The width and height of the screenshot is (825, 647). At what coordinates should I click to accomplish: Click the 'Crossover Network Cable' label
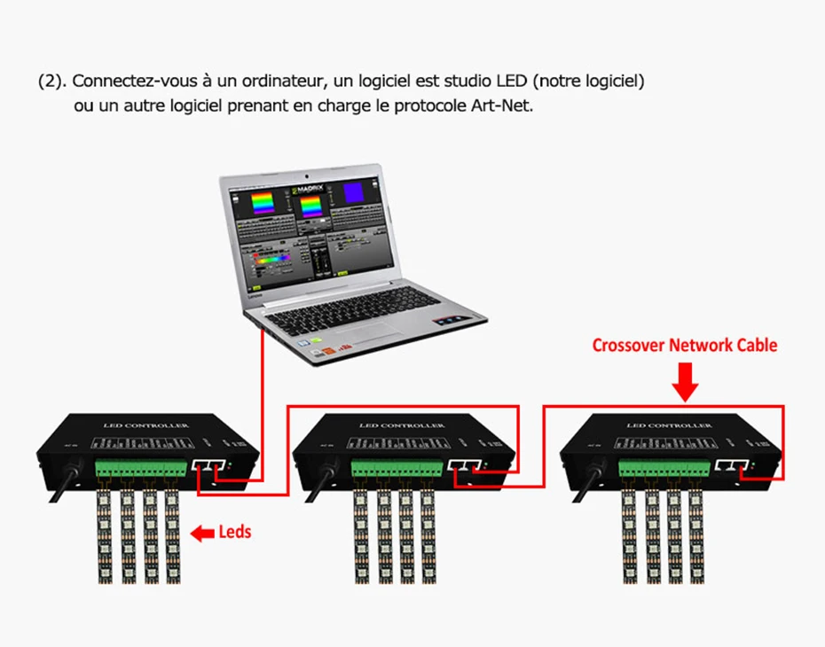click(684, 345)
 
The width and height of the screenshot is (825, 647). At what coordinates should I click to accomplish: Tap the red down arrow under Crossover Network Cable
click(685, 384)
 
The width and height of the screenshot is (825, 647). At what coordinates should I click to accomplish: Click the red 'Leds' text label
click(234, 532)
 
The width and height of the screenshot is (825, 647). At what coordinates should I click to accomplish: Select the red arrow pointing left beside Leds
click(203, 534)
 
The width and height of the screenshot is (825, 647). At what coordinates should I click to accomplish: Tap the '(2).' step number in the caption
click(51, 82)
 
